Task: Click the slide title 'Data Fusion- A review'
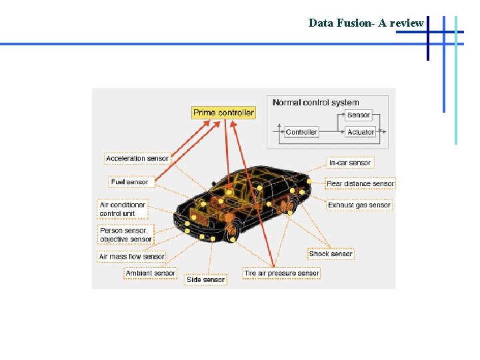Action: (x=366, y=23)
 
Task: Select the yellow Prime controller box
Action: (x=223, y=113)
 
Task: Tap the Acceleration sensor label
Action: (x=137, y=159)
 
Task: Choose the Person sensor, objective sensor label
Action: (x=126, y=235)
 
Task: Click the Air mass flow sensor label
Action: (x=131, y=257)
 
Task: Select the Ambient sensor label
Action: (x=150, y=273)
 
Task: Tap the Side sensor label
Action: (x=205, y=280)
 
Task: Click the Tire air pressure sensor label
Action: (x=281, y=273)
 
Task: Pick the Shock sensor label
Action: (x=331, y=254)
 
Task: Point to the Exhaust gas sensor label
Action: (x=359, y=205)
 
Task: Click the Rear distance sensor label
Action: (x=360, y=183)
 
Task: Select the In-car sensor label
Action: (x=350, y=163)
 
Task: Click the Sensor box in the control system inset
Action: (x=359, y=115)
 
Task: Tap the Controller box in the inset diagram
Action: (x=301, y=132)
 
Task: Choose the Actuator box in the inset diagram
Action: (x=361, y=132)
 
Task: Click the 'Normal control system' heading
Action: (x=316, y=103)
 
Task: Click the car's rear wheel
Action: (x=292, y=204)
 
